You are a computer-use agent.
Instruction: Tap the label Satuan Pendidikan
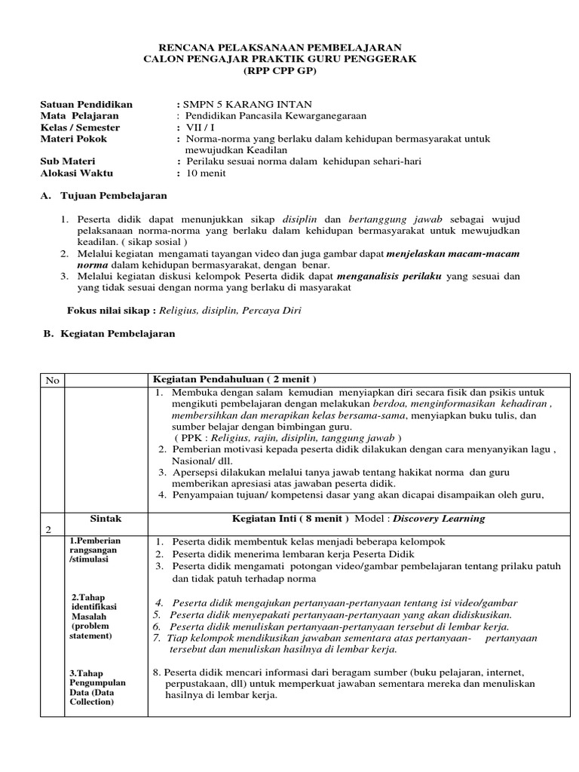coord(86,104)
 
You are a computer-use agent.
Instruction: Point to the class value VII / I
coord(202,127)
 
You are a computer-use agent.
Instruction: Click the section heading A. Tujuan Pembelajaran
coord(103,196)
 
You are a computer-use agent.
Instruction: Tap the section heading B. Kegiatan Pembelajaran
coord(109,333)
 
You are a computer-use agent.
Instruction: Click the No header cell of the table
coord(52,380)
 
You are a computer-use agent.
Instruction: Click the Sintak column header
coord(106,519)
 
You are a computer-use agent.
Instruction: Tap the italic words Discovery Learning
coord(440,519)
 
